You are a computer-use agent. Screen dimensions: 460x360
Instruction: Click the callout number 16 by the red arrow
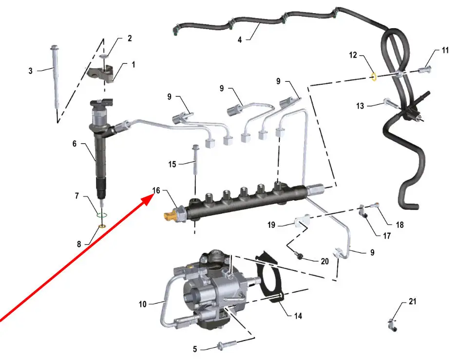(x=156, y=190)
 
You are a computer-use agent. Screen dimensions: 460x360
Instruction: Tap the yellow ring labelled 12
(x=374, y=77)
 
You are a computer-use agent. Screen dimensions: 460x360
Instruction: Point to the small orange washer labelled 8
(x=103, y=226)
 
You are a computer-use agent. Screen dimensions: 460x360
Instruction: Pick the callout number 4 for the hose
(x=240, y=39)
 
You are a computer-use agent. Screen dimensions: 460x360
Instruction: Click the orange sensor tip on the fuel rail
(x=170, y=216)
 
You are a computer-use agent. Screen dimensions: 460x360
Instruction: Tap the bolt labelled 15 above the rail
(x=195, y=161)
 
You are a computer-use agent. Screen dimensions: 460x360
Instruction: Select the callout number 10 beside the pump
(x=143, y=304)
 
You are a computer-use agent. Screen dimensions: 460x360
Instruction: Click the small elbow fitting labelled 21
(x=392, y=324)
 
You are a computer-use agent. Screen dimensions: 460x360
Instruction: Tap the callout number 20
(x=325, y=261)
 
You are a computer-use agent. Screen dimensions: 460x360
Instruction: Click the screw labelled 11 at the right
(x=424, y=70)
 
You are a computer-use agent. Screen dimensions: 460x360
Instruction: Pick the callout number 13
(x=360, y=106)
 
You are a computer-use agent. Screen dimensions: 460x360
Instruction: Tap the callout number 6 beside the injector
(x=75, y=144)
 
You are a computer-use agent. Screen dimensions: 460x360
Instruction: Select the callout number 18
(x=400, y=225)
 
